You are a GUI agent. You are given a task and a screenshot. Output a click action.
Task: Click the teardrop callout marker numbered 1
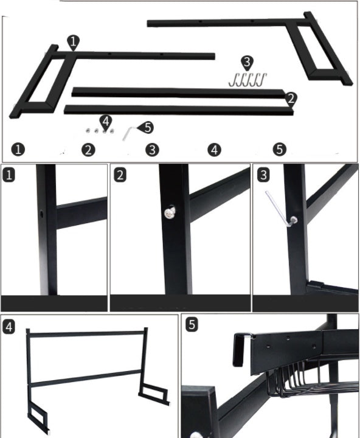point(73,43)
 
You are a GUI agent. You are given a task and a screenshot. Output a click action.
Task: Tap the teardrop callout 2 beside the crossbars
point(291,99)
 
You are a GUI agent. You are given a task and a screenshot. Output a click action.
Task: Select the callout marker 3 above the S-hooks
point(247,63)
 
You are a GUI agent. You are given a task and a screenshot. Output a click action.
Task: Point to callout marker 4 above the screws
point(106,123)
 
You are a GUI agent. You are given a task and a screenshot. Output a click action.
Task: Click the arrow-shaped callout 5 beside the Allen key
point(146,127)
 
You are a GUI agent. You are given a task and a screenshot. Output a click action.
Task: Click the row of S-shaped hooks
point(247,80)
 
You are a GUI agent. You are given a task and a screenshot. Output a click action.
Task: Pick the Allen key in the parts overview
point(129,133)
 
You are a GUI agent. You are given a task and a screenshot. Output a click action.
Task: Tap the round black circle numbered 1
point(18,149)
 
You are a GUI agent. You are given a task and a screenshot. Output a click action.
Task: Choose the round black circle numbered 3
point(152,150)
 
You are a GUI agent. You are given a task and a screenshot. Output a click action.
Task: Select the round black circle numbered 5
point(280,149)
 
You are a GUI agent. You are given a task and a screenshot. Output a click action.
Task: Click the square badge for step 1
point(9,175)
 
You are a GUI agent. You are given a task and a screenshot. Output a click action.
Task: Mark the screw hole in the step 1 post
point(41,214)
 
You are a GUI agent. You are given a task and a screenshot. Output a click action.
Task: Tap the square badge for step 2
point(120,175)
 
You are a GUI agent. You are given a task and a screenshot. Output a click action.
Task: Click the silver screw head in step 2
point(170,213)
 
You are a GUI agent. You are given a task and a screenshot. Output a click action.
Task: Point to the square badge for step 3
point(263,175)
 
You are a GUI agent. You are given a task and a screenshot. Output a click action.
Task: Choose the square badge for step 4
point(9,327)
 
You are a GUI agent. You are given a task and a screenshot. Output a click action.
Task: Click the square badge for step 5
point(192,325)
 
